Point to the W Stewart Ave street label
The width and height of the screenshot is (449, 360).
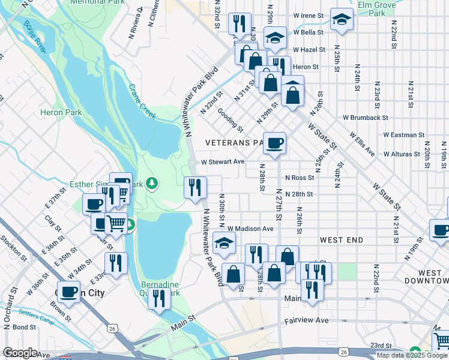[223, 162]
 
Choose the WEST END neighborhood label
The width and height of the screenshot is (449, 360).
[342, 240]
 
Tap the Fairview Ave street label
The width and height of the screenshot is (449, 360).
[306, 320]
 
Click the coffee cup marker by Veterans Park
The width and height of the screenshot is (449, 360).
[274, 143]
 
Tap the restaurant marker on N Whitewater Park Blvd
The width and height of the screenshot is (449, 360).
[195, 188]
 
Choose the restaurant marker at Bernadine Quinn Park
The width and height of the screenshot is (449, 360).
[158, 298]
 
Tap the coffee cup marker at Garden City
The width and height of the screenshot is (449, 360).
[68, 292]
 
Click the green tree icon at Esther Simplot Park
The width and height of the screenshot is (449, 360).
[153, 182]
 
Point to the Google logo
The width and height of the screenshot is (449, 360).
[20, 353]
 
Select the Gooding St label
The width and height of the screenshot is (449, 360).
[230, 120]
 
